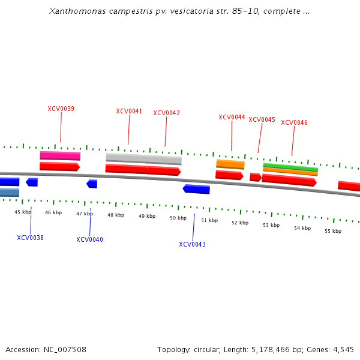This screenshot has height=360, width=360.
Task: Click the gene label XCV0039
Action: coord(61,109)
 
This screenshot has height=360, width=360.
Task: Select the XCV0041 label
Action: coord(129,111)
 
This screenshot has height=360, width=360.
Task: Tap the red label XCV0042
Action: coord(166,113)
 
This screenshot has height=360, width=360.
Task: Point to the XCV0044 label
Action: coord(232,118)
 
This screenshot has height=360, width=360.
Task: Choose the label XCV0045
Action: coord(262,120)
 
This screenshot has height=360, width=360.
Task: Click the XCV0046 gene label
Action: coord(294,123)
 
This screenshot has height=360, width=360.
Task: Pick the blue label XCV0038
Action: coord(30,238)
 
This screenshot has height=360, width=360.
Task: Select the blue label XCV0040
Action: coord(89,239)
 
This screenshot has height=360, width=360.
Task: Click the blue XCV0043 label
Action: coord(192,244)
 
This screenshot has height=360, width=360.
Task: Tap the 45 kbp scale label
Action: coord(23,212)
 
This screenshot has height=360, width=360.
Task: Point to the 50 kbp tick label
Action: coord(178,218)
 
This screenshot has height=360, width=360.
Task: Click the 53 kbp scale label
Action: coord(271,225)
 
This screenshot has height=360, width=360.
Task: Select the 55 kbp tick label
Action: coord(333,231)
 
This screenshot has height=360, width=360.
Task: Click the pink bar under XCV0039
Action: coord(60,156)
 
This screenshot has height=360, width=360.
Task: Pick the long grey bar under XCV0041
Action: coord(143,158)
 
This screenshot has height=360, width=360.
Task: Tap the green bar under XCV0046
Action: coord(290,166)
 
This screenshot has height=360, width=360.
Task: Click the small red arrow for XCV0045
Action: coord(255,177)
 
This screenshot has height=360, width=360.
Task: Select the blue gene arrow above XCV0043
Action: coord(196,189)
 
